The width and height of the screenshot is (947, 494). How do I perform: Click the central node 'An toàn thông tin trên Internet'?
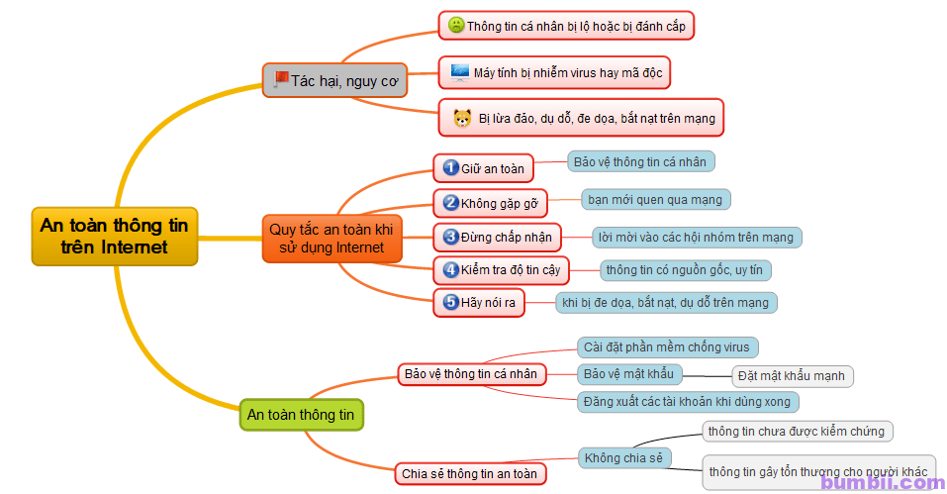tap(115, 236)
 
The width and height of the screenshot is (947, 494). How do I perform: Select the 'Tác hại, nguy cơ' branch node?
tap(334, 80)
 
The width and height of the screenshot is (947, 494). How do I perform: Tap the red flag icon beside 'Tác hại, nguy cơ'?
tap(280, 78)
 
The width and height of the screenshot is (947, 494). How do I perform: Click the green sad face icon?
tap(456, 25)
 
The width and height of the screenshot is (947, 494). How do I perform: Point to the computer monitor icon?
tap(460, 71)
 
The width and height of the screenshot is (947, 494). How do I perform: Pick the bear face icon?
tap(462, 118)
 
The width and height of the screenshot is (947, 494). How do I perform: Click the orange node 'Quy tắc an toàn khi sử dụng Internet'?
tap(331, 238)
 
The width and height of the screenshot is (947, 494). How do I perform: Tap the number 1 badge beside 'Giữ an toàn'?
tap(450, 167)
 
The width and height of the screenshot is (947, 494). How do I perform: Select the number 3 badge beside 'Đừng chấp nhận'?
tap(450, 237)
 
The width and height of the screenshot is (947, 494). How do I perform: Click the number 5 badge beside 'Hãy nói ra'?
tap(450, 302)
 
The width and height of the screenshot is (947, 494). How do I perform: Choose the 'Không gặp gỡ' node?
tap(491, 203)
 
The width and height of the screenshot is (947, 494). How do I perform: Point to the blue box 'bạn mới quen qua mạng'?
tap(655, 199)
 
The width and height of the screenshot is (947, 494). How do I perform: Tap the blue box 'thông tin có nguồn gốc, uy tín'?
tap(686, 269)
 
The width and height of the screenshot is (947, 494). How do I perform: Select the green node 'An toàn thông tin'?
tap(302, 414)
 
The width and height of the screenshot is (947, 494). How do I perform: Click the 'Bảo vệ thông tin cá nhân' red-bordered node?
tap(470, 374)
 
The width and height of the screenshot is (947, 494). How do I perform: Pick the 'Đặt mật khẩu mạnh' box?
tap(793, 376)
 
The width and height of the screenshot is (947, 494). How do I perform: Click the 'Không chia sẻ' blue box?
tap(623, 457)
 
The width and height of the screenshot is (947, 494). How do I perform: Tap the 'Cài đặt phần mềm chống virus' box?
tap(667, 346)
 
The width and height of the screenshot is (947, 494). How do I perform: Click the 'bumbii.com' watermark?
tap(882, 482)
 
